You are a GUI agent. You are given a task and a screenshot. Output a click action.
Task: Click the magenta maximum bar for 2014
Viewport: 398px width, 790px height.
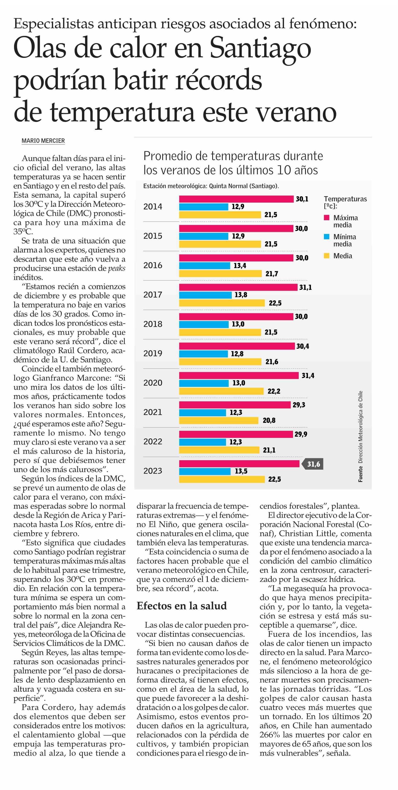point(236,199)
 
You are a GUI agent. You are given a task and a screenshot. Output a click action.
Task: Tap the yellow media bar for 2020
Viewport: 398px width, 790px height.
point(221,391)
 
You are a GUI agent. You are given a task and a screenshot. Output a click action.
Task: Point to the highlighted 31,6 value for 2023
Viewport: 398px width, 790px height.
point(313,464)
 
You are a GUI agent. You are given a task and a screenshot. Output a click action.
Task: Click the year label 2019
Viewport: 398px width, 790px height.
point(153,354)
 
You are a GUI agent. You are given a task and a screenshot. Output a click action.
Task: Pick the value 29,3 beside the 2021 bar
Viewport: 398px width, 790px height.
point(298,405)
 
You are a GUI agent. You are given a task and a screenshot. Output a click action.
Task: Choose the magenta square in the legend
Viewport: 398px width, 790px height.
point(327,218)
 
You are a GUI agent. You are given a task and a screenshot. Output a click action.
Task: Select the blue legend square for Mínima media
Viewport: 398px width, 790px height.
point(327,237)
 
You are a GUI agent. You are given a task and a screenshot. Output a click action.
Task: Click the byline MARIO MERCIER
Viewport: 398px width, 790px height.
point(43,141)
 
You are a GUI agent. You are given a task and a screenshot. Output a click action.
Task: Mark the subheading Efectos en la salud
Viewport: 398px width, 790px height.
point(182,606)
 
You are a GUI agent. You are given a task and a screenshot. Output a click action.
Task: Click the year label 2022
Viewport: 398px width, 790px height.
point(153,442)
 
